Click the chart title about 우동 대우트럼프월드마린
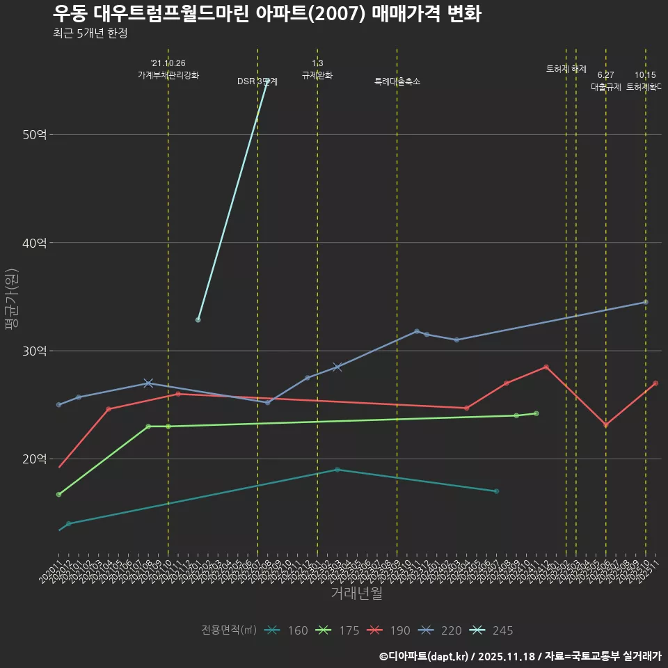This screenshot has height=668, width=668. (267, 14)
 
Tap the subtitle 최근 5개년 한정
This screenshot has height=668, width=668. (90, 33)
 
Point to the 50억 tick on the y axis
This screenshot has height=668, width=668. (35, 134)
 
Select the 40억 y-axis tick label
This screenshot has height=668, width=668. (35, 243)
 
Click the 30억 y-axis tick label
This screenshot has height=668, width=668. (35, 351)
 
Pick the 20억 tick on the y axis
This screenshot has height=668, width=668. (35, 459)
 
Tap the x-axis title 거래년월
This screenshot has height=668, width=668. (356, 594)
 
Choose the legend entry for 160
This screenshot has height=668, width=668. (286, 630)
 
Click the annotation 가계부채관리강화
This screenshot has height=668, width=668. (168, 75)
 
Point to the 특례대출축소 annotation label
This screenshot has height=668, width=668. (397, 81)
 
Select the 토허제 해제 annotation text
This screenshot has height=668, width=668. (566, 69)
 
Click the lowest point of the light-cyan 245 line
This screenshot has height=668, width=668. (198, 320)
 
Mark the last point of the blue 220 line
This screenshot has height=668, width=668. (646, 302)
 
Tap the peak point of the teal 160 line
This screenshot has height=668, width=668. (337, 470)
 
